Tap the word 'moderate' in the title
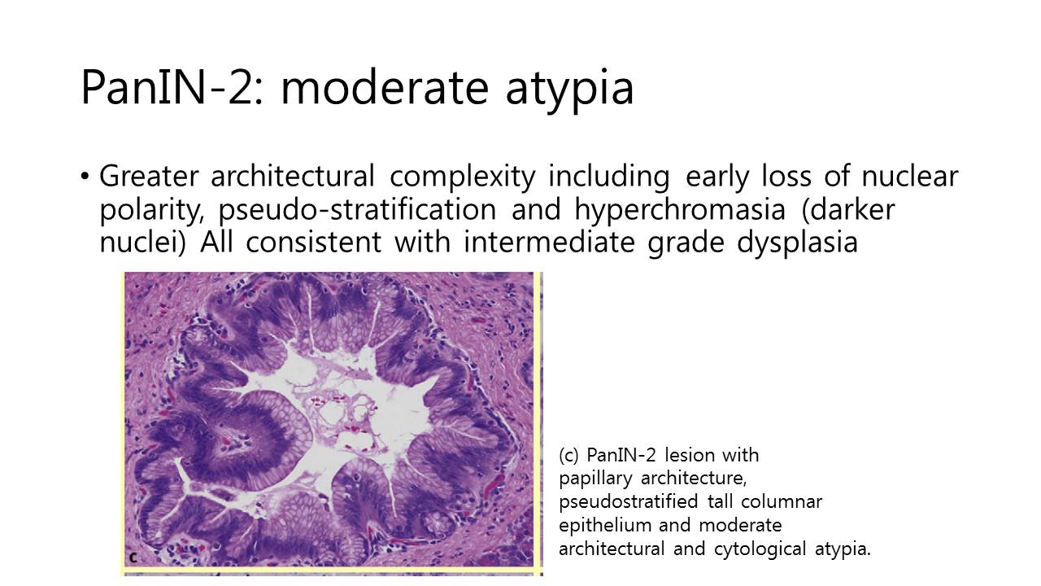(x=385, y=87)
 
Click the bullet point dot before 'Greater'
(x=84, y=177)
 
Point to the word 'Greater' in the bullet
(x=149, y=176)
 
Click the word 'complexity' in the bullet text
(x=463, y=177)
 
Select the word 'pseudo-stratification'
(x=357, y=210)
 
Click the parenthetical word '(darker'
(x=848, y=210)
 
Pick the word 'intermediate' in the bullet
(x=549, y=242)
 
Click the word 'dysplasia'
(x=798, y=243)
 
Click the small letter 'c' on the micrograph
(x=133, y=558)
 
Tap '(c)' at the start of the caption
(x=568, y=455)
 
